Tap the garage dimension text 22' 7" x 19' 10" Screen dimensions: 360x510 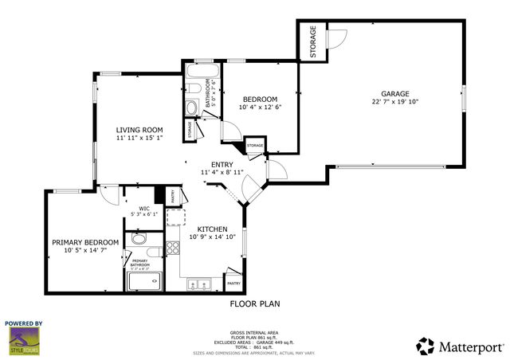coord(394,102)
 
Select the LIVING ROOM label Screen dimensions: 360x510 coord(139,130)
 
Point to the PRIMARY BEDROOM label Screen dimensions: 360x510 coord(85,242)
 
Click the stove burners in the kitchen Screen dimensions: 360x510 coord(172,248)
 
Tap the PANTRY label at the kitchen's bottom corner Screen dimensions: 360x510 coord(234,283)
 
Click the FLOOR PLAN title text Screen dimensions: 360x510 coord(255,303)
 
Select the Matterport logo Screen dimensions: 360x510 coord(461,346)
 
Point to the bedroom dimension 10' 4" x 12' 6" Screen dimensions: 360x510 coord(260,107)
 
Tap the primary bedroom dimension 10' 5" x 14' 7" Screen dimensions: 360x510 coord(85,251)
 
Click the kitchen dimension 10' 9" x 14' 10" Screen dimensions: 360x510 coord(213,236)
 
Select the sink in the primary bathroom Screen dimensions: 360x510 coord(139,239)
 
